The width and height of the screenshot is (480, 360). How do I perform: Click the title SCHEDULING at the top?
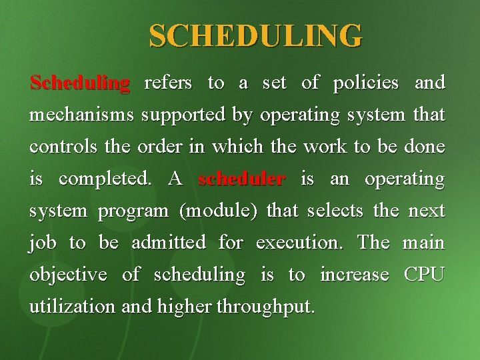point(256,35)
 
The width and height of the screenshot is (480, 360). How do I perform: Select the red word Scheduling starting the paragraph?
point(79,83)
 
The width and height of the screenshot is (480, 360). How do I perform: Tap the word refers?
point(168,83)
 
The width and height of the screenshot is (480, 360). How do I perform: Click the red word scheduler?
point(242,179)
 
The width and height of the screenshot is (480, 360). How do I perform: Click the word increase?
point(355,275)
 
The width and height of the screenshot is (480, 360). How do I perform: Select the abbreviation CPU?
point(424,275)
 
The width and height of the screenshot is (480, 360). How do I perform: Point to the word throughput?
point(268,307)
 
